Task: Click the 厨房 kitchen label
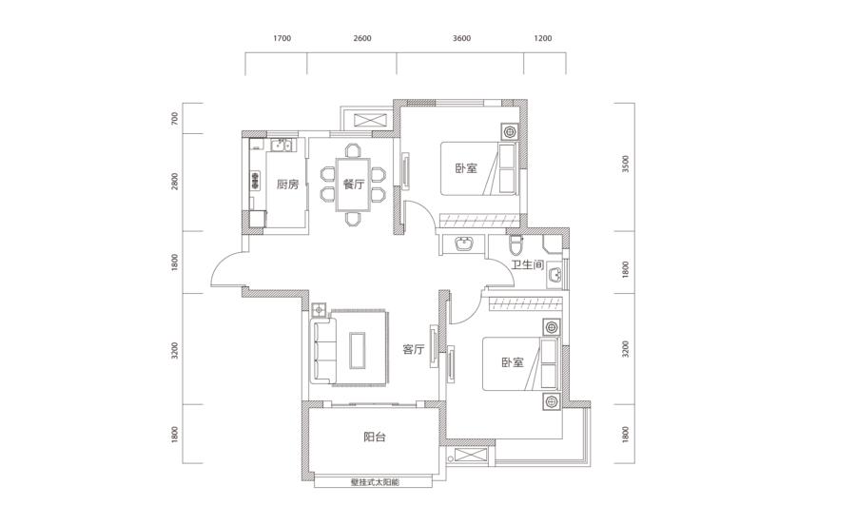pyautogui.click(x=287, y=185)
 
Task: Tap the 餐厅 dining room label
pyautogui.click(x=353, y=185)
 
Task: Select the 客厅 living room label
pyautogui.click(x=414, y=349)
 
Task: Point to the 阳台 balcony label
pyautogui.click(x=375, y=437)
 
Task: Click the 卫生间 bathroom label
pyautogui.click(x=527, y=265)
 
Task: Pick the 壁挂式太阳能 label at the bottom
pyautogui.click(x=375, y=482)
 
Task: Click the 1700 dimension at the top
pyautogui.click(x=282, y=38)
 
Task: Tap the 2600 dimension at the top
pyautogui.click(x=362, y=38)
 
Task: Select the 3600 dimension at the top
pyautogui.click(x=461, y=38)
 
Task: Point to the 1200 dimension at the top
pyautogui.click(x=543, y=38)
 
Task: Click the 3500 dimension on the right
pyautogui.click(x=626, y=164)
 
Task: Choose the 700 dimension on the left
pyautogui.click(x=175, y=118)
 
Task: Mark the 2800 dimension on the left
pyautogui.click(x=175, y=182)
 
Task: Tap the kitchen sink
pyautogui.click(x=282, y=145)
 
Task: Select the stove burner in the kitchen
pyautogui.click(x=255, y=180)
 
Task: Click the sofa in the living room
pyautogui.click(x=323, y=350)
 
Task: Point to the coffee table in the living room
pyautogui.click(x=359, y=350)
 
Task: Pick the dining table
pyautogui.click(x=353, y=185)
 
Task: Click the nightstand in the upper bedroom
pyautogui.click(x=510, y=131)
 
